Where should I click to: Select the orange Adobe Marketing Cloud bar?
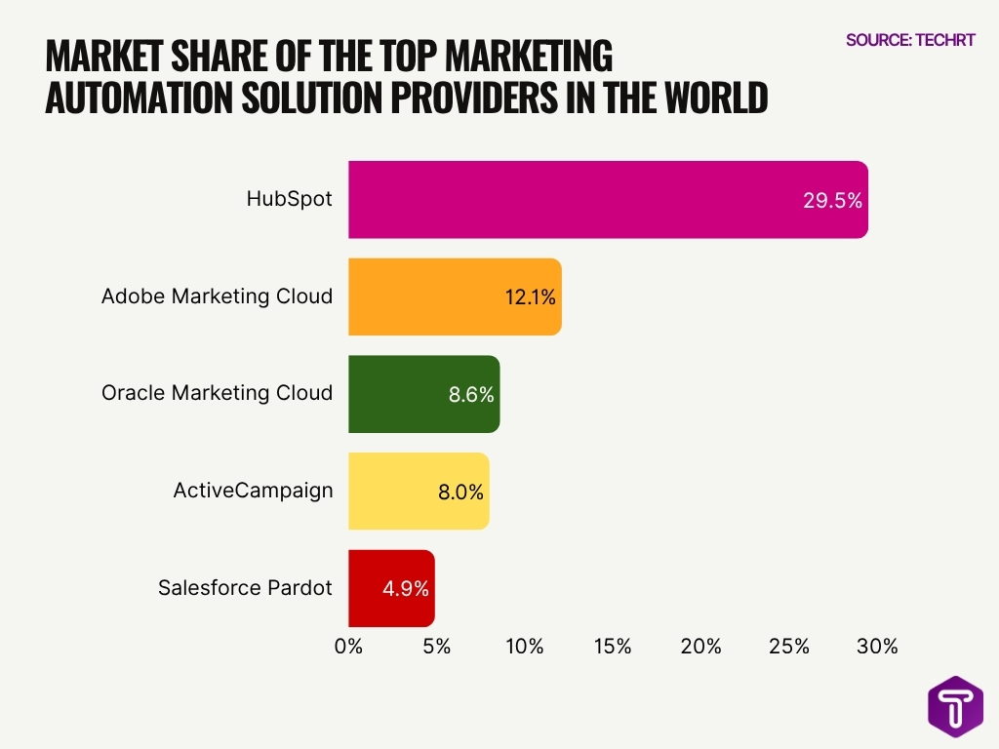(x=429, y=296)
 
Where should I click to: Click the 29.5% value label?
(x=832, y=201)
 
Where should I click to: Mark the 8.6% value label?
(x=471, y=395)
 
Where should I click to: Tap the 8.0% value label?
(x=460, y=493)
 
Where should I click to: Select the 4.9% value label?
(x=406, y=589)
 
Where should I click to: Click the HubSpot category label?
(x=289, y=199)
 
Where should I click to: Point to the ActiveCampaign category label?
(x=253, y=491)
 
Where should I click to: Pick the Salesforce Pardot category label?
(x=245, y=588)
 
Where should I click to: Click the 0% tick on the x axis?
(x=348, y=646)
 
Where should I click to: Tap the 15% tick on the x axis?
(x=613, y=646)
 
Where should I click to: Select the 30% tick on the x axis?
(x=877, y=646)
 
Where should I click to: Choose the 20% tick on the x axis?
(x=700, y=646)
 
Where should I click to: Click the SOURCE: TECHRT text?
(x=910, y=40)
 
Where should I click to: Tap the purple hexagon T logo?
(x=955, y=706)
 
